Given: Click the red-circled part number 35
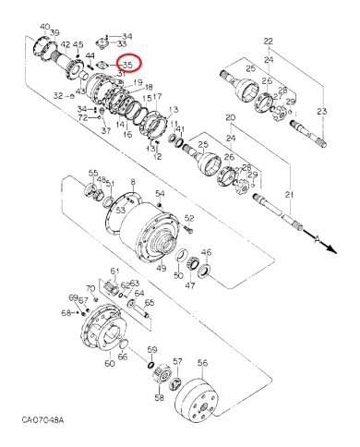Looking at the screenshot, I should click(127, 65).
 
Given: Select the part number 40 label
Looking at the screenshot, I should click(45, 26).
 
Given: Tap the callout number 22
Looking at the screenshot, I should click(269, 42).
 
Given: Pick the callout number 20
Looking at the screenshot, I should click(230, 117).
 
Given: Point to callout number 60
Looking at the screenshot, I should click(110, 363).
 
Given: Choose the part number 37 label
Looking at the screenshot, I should click(105, 131).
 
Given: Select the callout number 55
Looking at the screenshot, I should click(92, 173).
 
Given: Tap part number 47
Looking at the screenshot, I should click(190, 286).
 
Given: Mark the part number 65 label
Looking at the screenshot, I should click(149, 303).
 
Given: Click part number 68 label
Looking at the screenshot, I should click(66, 314).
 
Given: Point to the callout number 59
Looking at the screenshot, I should click(152, 349).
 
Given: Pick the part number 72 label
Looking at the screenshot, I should click(82, 118).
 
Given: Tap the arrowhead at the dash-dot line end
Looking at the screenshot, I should click(322, 241).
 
